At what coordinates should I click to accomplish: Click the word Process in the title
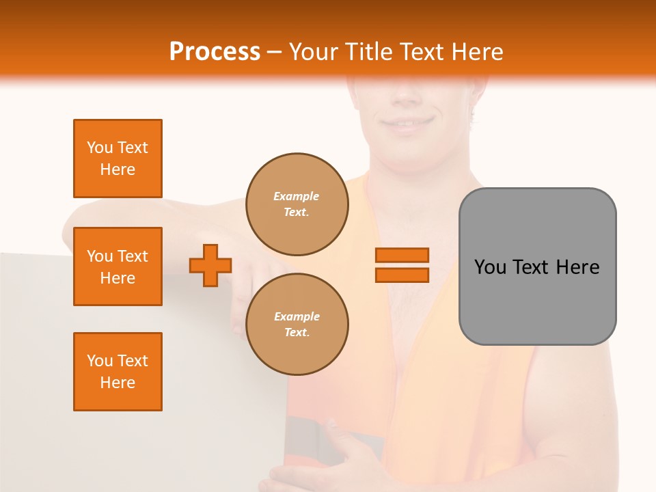pyautogui.click(x=215, y=51)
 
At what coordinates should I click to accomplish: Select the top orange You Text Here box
pyautogui.click(x=118, y=159)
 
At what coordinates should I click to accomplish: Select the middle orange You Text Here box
pyautogui.click(x=118, y=266)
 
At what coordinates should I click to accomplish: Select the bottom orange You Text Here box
pyautogui.click(x=118, y=372)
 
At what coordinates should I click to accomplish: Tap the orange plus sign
pyautogui.click(x=210, y=266)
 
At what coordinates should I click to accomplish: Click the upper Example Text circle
pyautogui.click(x=297, y=204)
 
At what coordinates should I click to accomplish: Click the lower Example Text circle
pyautogui.click(x=297, y=325)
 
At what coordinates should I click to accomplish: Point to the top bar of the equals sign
pyautogui.click(x=402, y=255)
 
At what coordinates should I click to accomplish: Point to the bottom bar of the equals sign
pyautogui.click(x=402, y=275)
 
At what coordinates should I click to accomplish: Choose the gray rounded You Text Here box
pyautogui.click(x=537, y=266)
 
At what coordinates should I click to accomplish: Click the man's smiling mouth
pyautogui.click(x=408, y=124)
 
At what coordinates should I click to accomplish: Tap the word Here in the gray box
pyautogui.click(x=577, y=266)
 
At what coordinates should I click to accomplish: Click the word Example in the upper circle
pyautogui.click(x=296, y=196)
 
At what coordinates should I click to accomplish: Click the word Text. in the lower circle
pyautogui.click(x=296, y=333)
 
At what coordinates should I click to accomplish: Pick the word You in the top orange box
pyautogui.click(x=100, y=148)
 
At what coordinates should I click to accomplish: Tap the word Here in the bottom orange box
pyautogui.click(x=118, y=383)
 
